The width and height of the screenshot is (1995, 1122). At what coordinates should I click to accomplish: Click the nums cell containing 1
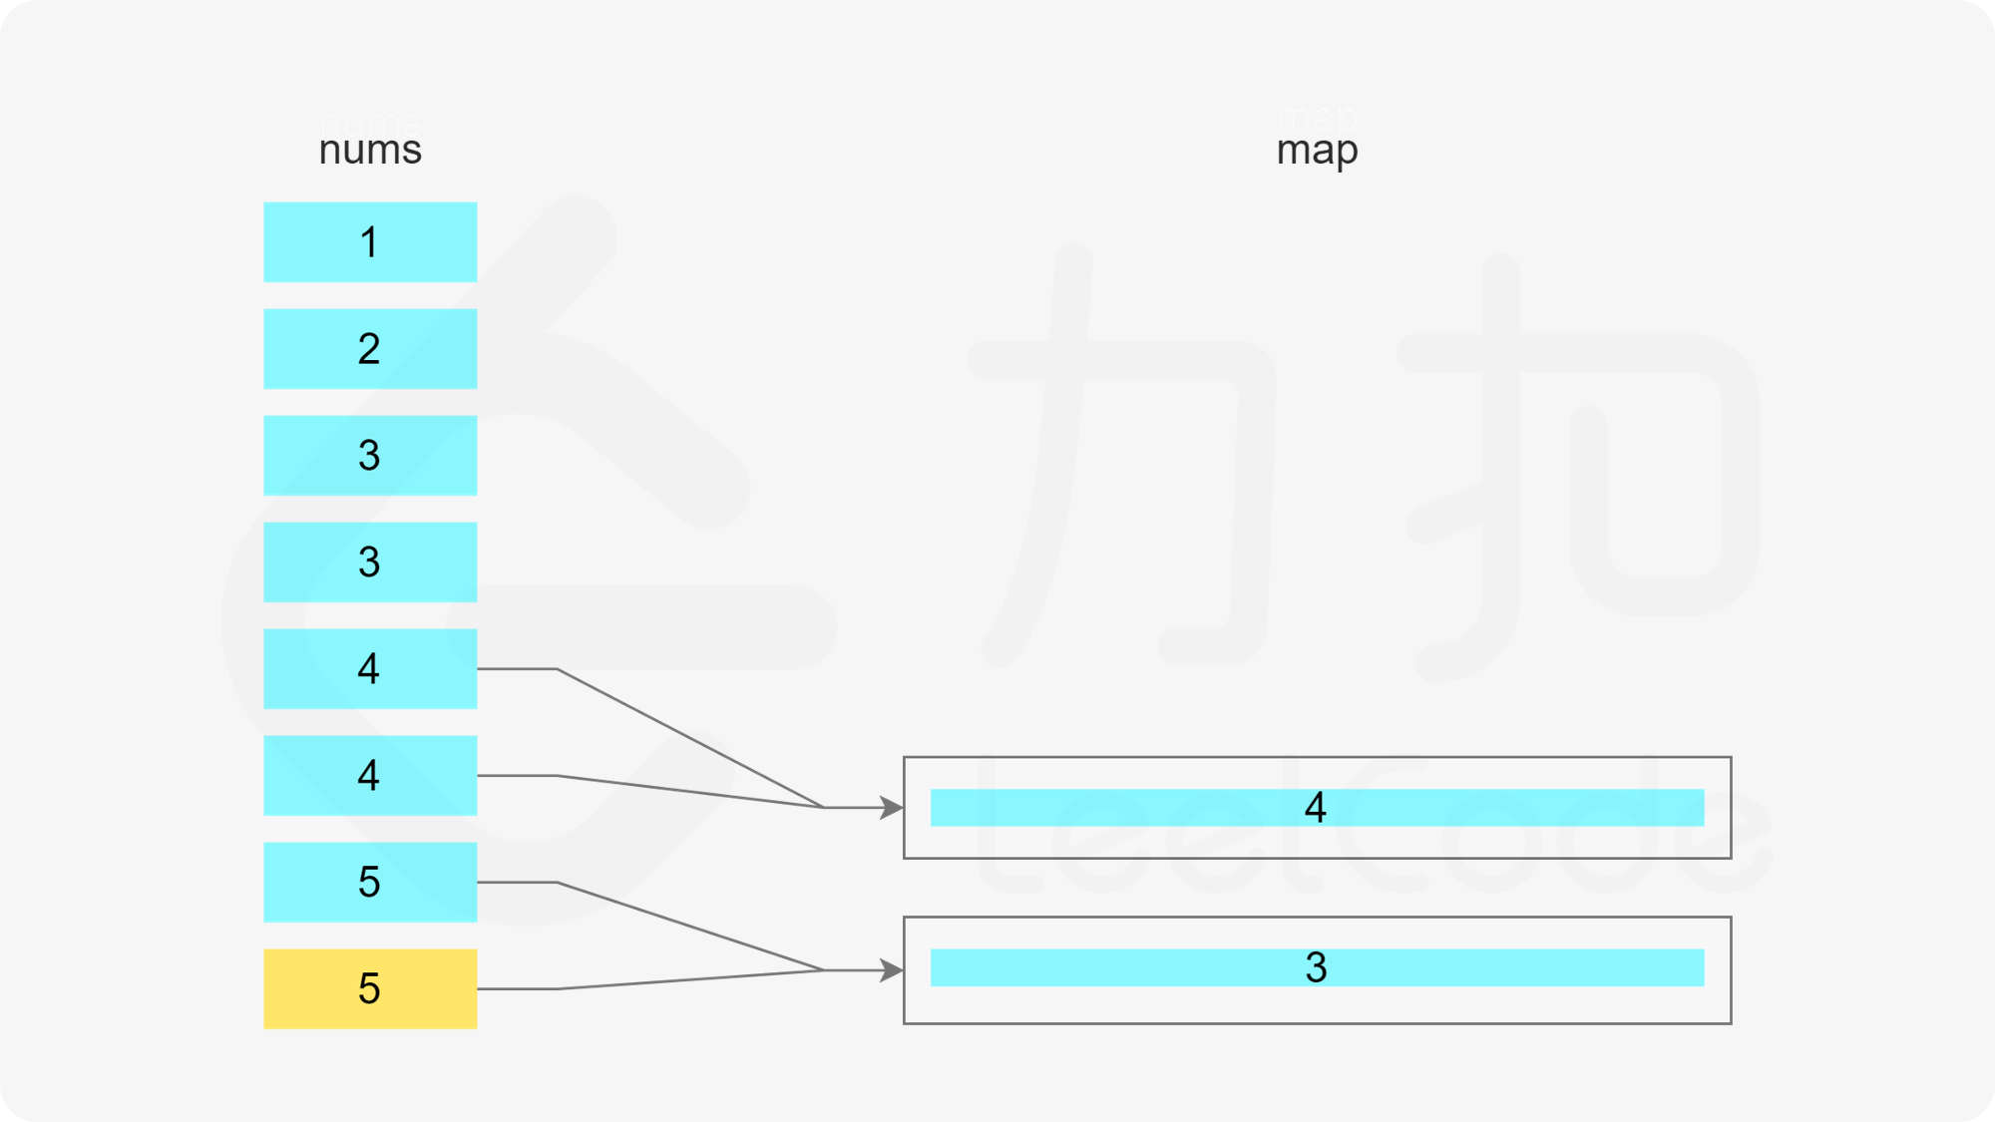pyautogui.click(x=370, y=242)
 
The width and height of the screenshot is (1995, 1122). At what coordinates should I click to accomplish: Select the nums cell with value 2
pyautogui.click(x=370, y=349)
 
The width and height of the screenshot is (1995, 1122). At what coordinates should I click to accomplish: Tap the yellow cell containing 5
pyautogui.click(x=370, y=988)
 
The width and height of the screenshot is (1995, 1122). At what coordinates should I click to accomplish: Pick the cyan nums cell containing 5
pyautogui.click(x=370, y=882)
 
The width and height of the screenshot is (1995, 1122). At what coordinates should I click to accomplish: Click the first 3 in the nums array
pyautogui.click(x=370, y=456)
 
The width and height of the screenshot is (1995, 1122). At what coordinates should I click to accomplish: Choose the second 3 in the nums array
pyautogui.click(x=370, y=562)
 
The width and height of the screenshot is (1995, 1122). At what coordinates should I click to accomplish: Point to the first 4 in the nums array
pyautogui.click(x=370, y=669)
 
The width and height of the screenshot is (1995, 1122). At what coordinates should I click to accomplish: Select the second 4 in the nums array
pyautogui.click(x=370, y=776)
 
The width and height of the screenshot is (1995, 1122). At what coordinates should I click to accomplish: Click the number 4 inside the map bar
pyautogui.click(x=1316, y=808)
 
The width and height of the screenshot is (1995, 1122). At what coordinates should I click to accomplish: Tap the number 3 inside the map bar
pyautogui.click(x=1316, y=967)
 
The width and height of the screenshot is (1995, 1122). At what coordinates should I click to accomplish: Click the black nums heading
pyautogui.click(x=370, y=153)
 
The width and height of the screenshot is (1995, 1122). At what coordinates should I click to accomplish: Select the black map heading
pyautogui.click(x=1317, y=153)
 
